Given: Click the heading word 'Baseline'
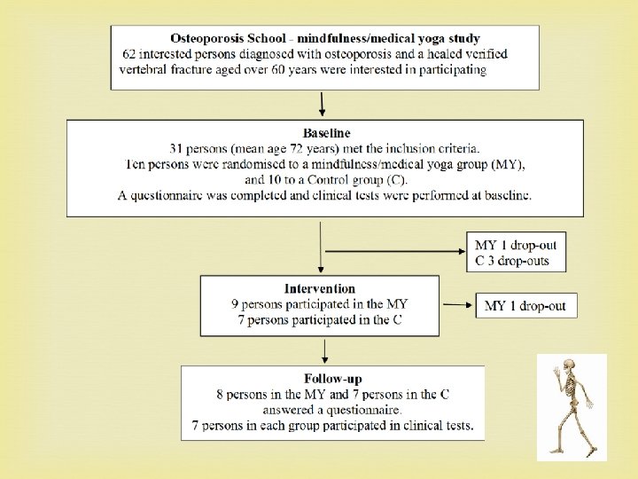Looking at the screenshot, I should click(327, 133).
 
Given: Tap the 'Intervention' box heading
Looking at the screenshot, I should click(319, 289).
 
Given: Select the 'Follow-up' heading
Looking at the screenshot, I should click(332, 380).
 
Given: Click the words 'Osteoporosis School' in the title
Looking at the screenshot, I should click(228, 39).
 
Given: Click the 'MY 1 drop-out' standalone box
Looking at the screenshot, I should click(525, 306).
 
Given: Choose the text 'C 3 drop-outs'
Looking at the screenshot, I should click(511, 261).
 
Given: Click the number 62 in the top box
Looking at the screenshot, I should click(130, 55).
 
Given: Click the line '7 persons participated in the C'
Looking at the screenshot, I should click(319, 319).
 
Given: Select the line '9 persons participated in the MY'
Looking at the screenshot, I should click(320, 304).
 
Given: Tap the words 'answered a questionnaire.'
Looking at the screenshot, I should click(332, 410).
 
